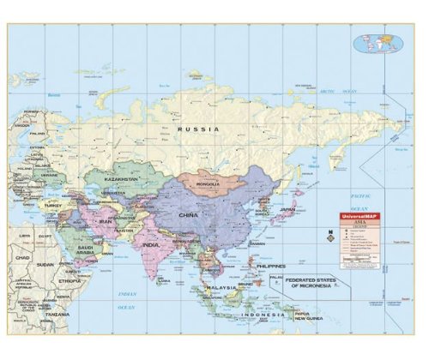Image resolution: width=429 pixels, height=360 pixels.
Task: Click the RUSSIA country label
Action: [x=198, y=129]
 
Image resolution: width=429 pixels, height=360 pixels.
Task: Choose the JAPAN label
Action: [x=288, y=209]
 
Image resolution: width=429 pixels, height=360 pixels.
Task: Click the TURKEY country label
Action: [x=54, y=205]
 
